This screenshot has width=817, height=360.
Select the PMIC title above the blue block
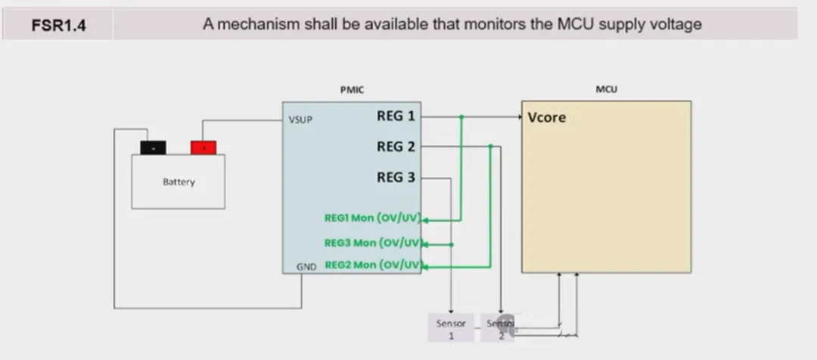click(x=352, y=89)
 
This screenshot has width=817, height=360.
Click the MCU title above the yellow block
click(x=606, y=89)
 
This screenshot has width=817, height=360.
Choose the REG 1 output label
click(x=396, y=116)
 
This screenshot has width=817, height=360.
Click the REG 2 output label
click(x=396, y=147)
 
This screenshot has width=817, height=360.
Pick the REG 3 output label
click(x=396, y=178)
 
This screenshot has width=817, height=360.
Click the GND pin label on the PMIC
click(x=306, y=265)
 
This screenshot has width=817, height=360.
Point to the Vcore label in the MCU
click(x=547, y=118)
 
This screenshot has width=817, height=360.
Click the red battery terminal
click(x=203, y=147)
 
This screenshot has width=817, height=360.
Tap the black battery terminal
click(x=154, y=147)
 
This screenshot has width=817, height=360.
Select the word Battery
click(x=179, y=182)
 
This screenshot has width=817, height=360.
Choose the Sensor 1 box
click(x=451, y=327)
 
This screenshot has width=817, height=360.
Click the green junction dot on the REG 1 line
click(x=461, y=117)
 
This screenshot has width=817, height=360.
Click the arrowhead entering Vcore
click(x=520, y=117)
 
